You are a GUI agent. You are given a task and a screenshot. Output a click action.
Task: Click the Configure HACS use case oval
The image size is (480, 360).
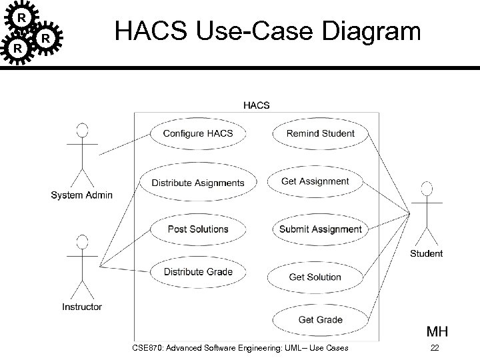tap(198, 133)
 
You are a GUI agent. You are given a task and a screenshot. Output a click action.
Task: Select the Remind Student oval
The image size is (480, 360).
tap(321, 133)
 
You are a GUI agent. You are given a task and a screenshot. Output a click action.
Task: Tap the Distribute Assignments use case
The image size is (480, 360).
tap(198, 183)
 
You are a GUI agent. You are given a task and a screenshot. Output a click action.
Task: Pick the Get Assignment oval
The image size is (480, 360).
tap(315, 181)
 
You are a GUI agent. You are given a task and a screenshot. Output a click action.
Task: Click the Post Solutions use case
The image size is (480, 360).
tap(198, 229)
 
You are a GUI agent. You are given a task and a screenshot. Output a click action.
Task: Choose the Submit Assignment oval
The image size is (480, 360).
tap(320, 229)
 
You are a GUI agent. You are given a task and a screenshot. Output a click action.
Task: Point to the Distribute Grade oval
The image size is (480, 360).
tap(198, 272)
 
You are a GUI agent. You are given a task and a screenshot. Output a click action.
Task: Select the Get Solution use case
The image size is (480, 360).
tap(315, 277)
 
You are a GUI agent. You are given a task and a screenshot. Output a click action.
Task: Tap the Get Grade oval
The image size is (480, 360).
tap(320, 320)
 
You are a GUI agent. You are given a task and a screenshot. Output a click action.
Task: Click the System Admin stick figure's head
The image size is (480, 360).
tap(83, 129)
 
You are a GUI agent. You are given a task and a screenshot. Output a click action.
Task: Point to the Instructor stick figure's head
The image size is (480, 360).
tap(83, 241)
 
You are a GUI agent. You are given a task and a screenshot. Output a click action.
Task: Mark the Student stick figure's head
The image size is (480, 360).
tap(426, 189)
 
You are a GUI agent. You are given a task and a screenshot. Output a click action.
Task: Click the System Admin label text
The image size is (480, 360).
tap(82, 195)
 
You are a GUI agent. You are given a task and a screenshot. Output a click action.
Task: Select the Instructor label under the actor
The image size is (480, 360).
tap(82, 307)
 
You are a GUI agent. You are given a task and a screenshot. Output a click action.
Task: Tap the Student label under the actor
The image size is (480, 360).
tap(426, 253)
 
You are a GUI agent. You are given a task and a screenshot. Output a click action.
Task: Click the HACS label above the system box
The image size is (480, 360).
tap(257, 105)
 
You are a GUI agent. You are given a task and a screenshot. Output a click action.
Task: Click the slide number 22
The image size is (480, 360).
tap(435, 348)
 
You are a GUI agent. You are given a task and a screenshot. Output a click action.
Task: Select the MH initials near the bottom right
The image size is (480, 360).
tap(437, 331)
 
